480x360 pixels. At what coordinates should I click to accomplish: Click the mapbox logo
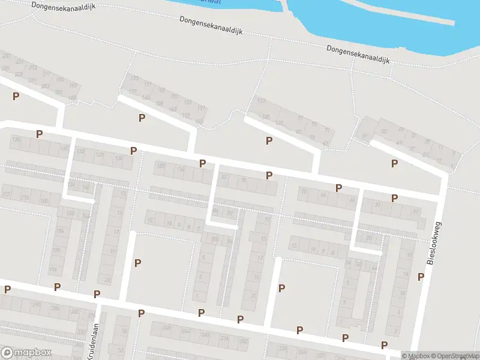pyautogui.click(x=26, y=353)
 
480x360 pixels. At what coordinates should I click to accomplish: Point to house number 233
pyautogui.click(x=7, y=56)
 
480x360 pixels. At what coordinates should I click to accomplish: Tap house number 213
pyautogui.click(x=32, y=68)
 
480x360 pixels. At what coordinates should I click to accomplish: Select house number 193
pyautogui.click(x=59, y=80)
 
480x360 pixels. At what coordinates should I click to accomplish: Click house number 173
pyautogui.click(x=134, y=79)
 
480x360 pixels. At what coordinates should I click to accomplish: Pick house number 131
pyautogui.click(x=202, y=108)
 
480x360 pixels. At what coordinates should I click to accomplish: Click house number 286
pyautogui.click(x=55, y=308)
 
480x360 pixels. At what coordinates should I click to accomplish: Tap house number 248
pyautogui.click(x=166, y=328)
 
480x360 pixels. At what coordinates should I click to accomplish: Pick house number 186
pyautogui.click(x=59, y=231)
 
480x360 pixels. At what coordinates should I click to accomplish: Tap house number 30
pyautogui.click(x=377, y=204)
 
